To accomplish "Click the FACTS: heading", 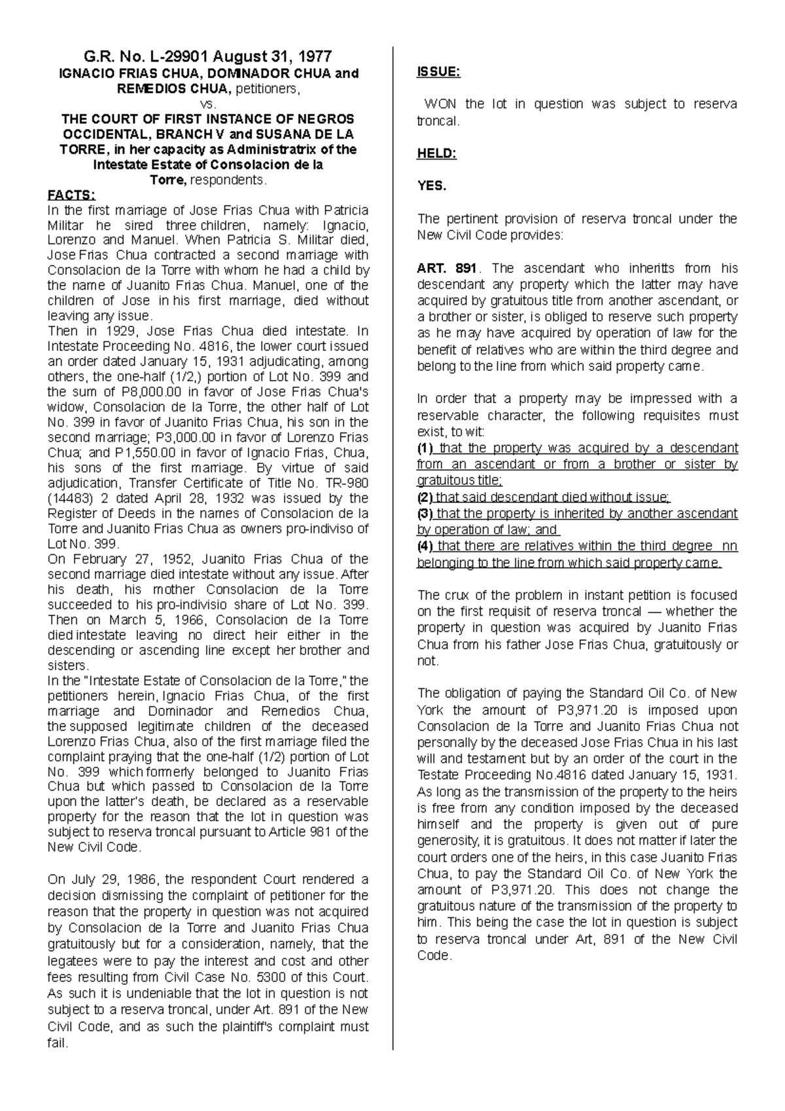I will (72, 195).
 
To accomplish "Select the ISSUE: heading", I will (438, 72).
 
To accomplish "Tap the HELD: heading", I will (437, 154).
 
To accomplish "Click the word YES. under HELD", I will (432, 186).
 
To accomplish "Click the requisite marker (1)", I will (425, 448).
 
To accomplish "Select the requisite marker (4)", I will (425, 546).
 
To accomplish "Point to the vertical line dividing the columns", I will (392, 523).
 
